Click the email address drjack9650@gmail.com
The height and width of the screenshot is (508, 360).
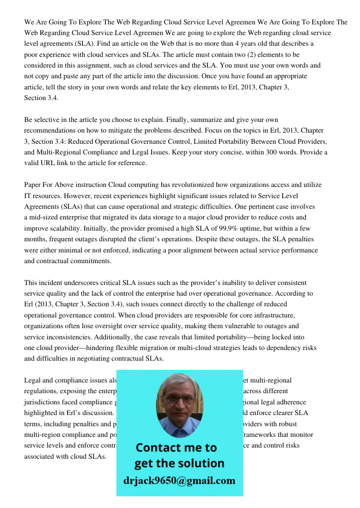point(179,480)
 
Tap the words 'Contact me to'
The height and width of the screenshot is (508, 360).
point(176,448)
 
